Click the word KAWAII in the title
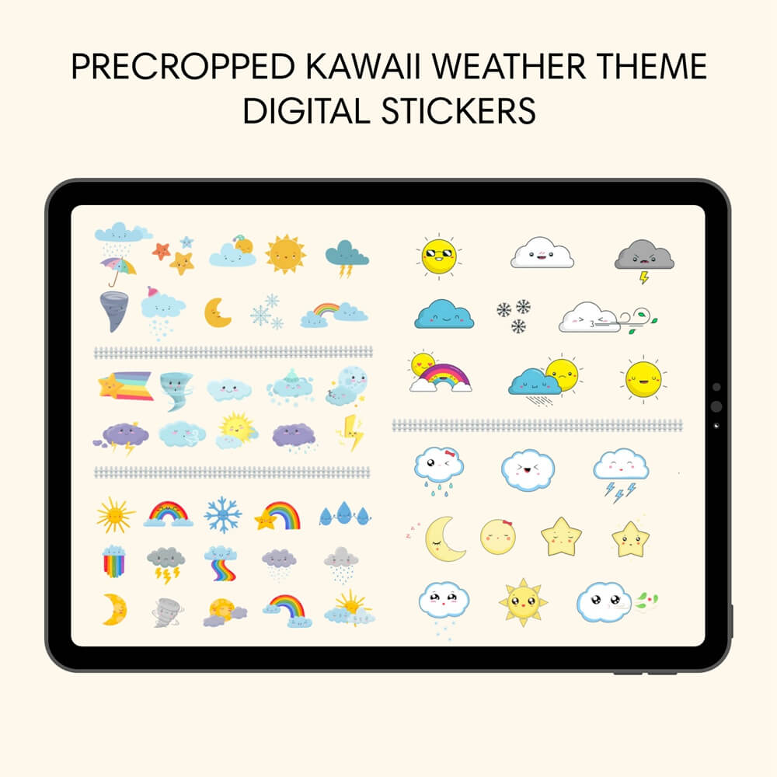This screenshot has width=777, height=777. (x=363, y=66)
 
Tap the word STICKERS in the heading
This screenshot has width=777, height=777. (x=459, y=111)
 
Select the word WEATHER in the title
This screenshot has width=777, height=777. (x=509, y=66)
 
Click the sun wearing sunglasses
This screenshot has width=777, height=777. (x=439, y=256)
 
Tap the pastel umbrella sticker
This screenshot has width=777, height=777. (x=118, y=271)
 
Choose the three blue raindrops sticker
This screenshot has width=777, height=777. (x=345, y=514)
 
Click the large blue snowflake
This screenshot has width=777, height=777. (x=223, y=515)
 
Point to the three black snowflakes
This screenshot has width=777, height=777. (x=514, y=315)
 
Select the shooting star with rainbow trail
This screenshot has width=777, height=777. (x=125, y=385)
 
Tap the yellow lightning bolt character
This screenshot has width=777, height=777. (x=352, y=433)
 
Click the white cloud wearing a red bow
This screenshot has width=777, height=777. (x=439, y=471)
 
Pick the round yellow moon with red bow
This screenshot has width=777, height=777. (x=498, y=537)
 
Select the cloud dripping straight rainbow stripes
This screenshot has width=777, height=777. (x=114, y=561)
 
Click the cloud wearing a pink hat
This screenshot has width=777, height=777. (x=162, y=313)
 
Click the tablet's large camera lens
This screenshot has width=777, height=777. (x=716, y=406)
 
